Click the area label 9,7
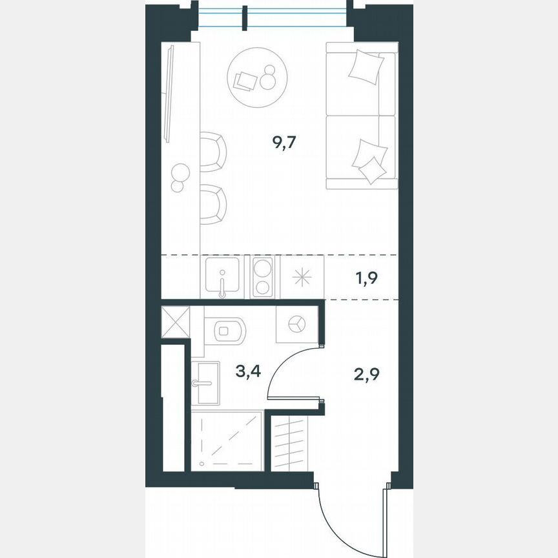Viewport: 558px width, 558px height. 284,143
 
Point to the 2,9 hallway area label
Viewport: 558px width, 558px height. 366,373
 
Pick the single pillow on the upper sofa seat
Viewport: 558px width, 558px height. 366,66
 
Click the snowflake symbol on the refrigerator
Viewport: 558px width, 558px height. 302,278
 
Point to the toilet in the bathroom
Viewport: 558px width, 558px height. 225,331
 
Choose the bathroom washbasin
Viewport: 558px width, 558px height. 206,383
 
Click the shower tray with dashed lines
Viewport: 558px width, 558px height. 227,440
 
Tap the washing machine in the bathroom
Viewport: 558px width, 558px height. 296,324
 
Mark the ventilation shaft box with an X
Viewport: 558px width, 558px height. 175,322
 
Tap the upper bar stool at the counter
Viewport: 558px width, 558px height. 213,152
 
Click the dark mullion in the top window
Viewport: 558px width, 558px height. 245,17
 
